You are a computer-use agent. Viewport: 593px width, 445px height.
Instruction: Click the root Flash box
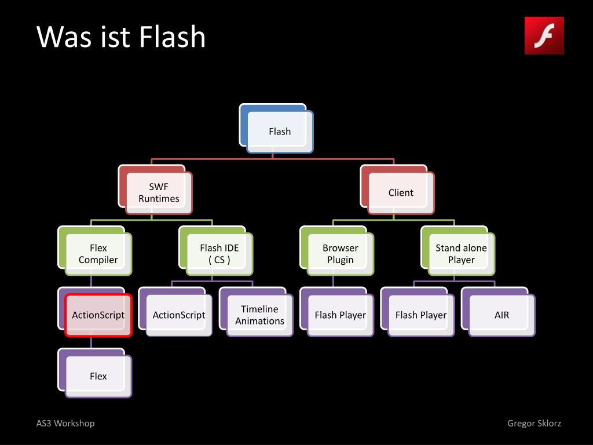pyautogui.click(x=280, y=132)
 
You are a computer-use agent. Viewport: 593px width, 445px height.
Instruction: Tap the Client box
pyautogui.click(x=401, y=193)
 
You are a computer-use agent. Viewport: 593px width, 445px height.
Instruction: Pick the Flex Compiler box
pyautogui.click(x=98, y=254)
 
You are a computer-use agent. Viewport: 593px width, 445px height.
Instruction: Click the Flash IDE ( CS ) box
pyautogui.click(x=219, y=254)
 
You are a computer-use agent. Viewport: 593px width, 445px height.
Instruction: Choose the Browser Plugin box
pyautogui.click(x=341, y=254)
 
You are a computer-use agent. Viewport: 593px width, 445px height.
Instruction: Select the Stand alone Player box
pyautogui.click(x=462, y=254)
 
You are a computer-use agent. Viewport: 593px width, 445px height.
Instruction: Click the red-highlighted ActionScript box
pyautogui.click(x=98, y=315)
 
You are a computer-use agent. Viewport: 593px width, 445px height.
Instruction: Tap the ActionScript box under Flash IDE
pyautogui.click(x=179, y=315)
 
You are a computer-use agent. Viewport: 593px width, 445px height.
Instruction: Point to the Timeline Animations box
pyautogui.click(x=259, y=315)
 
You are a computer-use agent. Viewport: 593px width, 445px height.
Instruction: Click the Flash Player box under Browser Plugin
pyautogui.click(x=341, y=315)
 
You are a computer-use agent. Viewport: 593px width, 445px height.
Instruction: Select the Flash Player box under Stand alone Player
pyautogui.click(x=421, y=315)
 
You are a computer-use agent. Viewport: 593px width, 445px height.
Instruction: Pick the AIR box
pyautogui.click(x=502, y=315)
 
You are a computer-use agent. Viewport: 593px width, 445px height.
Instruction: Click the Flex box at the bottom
pyautogui.click(x=98, y=377)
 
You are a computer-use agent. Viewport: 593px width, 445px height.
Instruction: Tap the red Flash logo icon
pyautogui.click(x=544, y=35)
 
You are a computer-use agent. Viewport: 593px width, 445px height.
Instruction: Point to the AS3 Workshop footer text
pyautogui.click(x=65, y=423)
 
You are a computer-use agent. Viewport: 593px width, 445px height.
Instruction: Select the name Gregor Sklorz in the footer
pyautogui.click(x=534, y=423)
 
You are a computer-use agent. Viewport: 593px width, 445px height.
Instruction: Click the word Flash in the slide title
pyautogui.click(x=172, y=37)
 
